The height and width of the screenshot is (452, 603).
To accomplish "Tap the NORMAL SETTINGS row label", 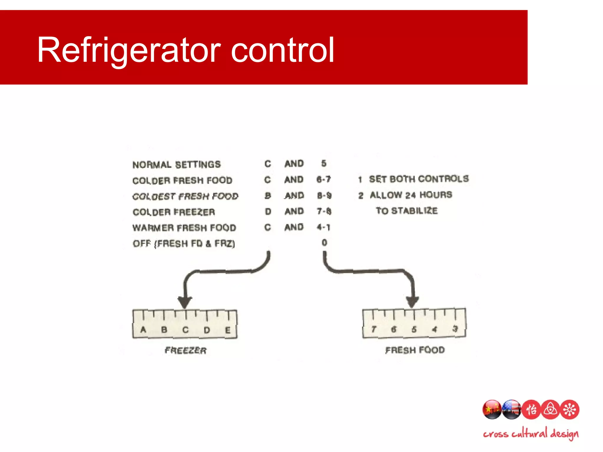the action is [x=176, y=164].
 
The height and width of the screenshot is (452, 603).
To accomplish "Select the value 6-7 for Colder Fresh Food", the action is [x=323, y=180].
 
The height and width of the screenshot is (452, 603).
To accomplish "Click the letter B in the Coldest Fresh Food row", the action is [x=268, y=196].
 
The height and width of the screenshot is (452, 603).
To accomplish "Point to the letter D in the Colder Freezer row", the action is [x=268, y=212].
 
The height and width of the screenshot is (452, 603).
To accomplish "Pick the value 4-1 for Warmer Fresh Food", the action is [x=323, y=227].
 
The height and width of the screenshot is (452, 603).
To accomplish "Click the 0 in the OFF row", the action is [x=324, y=243].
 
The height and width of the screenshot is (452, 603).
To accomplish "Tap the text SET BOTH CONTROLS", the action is [x=419, y=179].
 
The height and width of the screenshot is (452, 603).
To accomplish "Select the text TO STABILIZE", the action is [x=407, y=211].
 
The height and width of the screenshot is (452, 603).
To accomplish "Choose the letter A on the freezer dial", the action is [x=143, y=330].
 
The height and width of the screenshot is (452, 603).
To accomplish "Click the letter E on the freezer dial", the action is [x=228, y=330].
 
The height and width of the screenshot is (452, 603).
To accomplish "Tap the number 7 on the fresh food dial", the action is [x=374, y=329].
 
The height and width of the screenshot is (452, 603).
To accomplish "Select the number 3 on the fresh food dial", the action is [x=455, y=329].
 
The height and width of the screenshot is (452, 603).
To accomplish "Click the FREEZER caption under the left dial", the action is [x=185, y=350].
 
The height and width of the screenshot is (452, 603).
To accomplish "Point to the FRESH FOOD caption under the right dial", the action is [x=415, y=350].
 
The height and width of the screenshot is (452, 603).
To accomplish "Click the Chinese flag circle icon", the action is [x=491, y=409].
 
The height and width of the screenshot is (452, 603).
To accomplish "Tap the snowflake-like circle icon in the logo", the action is [x=570, y=409].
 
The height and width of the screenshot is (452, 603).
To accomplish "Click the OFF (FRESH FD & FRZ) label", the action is [x=184, y=244].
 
